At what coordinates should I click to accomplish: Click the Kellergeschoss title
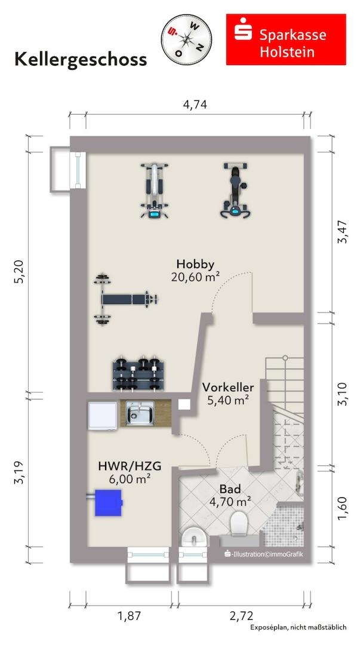pyautogui.click(x=81, y=59)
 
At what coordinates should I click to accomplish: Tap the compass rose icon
pyautogui.click(x=186, y=39)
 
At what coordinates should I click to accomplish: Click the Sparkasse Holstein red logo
pyautogui.click(x=286, y=39)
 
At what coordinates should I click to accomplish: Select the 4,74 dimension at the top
pyautogui.click(x=195, y=105)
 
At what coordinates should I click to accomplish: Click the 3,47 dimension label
pyautogui.click(x=342, y=232)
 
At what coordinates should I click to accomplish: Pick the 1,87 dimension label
pyautogui.click(x=129, y=616)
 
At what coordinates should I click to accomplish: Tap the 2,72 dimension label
pyautogui.click(x=242, y=616)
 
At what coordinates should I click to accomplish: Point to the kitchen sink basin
pyautogui.click(x=140, y=413)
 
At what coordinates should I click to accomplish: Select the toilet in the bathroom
pyautogui.click(x=238, y=523)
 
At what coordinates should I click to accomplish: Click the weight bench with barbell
pyautogui.click(x=125, y=299)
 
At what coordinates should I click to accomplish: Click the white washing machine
pyautogui.click(x=103, y=416)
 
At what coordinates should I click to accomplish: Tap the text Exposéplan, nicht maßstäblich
pyautogui.click(x=299, y=627)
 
